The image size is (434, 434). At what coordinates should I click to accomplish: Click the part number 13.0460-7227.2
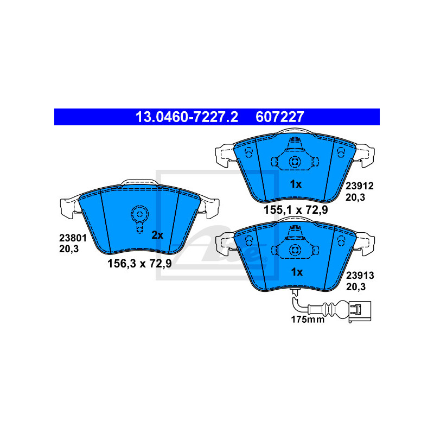tap(187, 117)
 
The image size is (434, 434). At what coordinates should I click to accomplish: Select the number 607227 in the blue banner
tap(280, 117)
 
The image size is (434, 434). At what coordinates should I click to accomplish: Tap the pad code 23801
tap(73, 238)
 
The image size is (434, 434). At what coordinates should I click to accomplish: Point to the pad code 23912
tap(360, 186)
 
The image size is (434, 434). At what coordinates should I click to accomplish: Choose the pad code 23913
tap(360, 276)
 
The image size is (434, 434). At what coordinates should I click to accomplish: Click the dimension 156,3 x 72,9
tap(139, 264)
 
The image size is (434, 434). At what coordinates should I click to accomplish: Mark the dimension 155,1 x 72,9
tap(296, 210)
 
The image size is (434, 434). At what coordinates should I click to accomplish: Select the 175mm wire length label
tap(308, 320)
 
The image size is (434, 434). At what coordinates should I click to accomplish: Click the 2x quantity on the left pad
tap(157, 235)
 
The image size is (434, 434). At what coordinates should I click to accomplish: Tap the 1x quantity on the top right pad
tap(296, 184)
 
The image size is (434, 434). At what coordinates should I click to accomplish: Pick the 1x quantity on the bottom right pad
tap(297, 272)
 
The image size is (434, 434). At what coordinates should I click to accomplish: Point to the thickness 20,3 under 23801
tap(69, 249)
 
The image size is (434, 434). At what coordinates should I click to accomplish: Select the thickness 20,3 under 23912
tap(355, 197)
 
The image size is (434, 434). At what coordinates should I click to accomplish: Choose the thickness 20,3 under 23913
tap(356, 287)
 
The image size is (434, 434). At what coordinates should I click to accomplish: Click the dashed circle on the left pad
tap(140, 214)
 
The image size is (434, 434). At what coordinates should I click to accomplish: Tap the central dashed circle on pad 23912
tap(295, 162)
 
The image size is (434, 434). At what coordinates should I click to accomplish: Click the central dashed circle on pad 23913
tap(295, 251)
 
